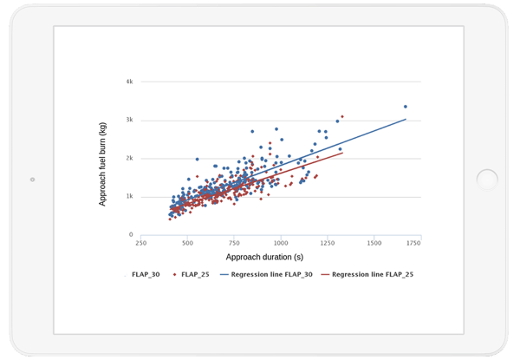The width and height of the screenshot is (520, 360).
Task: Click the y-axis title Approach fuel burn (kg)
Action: (x=103, y=158)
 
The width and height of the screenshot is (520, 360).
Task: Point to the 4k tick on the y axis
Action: (x=129, y=82)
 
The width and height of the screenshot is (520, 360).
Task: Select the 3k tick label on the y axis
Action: (x=129, y=120)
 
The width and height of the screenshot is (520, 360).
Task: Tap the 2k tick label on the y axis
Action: (x=129, y=158)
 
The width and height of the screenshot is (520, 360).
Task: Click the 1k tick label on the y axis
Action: (x=129, y=196)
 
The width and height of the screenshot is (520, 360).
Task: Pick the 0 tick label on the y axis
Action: (x=131, y=234)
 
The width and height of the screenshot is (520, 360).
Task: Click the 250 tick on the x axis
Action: (x=140, y=245)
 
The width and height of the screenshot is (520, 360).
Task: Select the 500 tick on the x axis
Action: (x=187, y=245)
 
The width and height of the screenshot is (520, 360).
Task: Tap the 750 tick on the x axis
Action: (x=234, y=245)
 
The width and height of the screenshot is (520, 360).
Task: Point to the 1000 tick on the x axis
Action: (x=281, y=245)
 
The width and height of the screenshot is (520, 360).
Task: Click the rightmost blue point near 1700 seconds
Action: (x=405, y=107)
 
